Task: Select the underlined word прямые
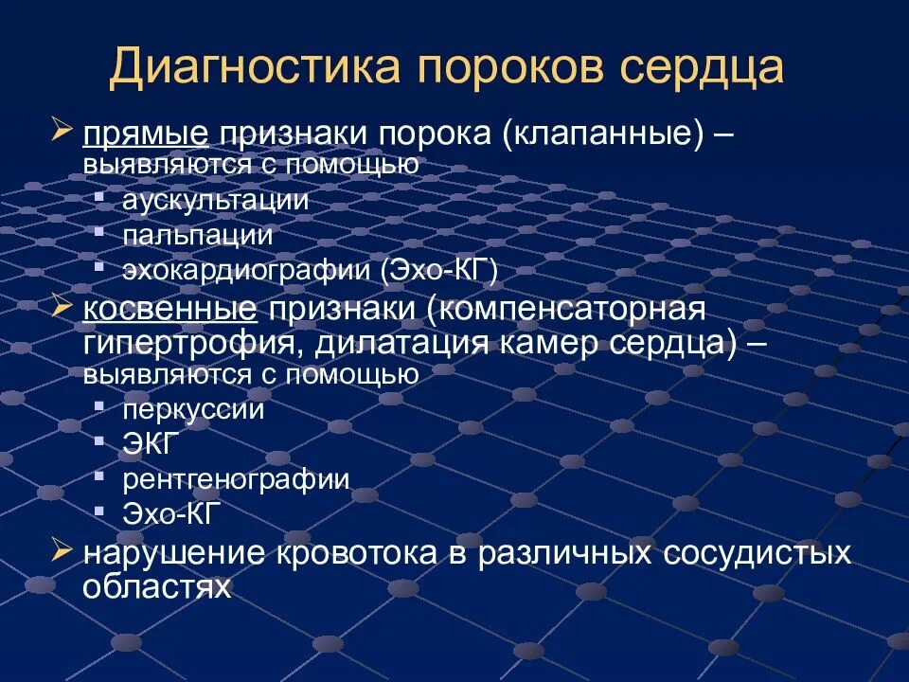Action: [x=144, y=135]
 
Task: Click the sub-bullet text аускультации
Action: [x=215, y=200]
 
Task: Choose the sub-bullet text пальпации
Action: [x=197, y=235]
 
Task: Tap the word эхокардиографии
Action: [x=247, y=271]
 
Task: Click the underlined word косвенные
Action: [x=169, y=310]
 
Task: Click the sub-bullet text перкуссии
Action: [x=193, y=410]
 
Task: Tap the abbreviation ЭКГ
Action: [x=150, y=444]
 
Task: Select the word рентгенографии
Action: [x=236, y=479]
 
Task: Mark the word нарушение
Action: [x=172, y=553]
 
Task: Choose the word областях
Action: [x=156, y=586]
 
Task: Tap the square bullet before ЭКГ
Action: [x=99, y=440]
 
